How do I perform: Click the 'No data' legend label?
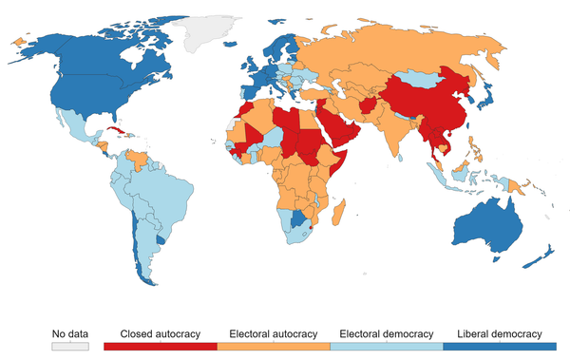pos(70,333)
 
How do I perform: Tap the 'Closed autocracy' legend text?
pos(160,333)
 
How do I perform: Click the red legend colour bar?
pos(160,347)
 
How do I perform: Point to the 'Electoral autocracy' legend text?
pos(274,333)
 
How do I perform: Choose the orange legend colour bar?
pos(274,347)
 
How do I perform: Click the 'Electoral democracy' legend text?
pos(387,333)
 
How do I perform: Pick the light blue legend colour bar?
pos(387,347)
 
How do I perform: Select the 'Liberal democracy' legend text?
pos(499,333)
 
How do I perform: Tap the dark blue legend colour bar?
pos(499,347)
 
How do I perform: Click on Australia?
pos(490,222)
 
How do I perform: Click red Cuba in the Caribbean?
pos(114,131)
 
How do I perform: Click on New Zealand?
pos(543,255)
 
